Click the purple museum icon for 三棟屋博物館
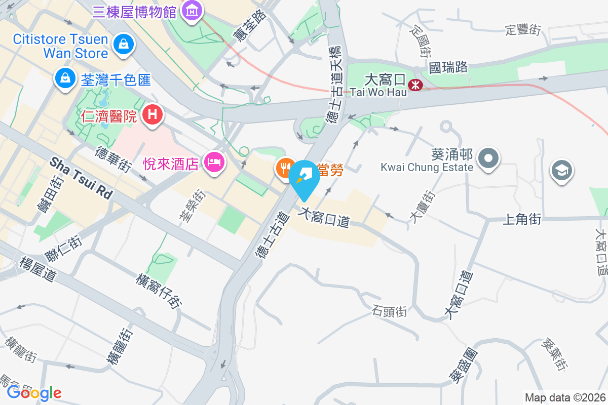192,10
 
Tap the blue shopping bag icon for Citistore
123,45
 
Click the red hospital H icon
152,115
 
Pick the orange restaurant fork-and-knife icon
285,168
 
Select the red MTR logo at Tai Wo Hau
416,85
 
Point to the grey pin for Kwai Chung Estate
488,158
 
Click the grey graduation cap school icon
561,170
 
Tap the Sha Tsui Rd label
81,177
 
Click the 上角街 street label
522,219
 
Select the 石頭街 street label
389,311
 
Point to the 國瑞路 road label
448,67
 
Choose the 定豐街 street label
523,30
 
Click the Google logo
34,392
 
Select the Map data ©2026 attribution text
564,397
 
